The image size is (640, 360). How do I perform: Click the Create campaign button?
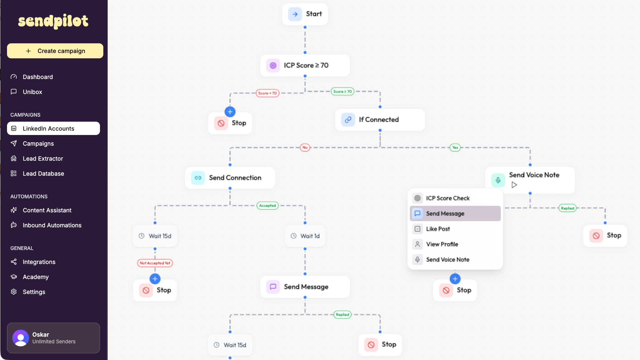(55, 51)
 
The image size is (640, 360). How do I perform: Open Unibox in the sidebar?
(32, 92)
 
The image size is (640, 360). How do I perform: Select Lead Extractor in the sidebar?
(43, 159)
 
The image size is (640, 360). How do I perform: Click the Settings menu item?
(34, 292)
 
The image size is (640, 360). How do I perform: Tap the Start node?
(305, 14)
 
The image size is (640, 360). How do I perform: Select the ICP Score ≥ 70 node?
(305, 65)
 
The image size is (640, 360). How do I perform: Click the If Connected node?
(380, 120)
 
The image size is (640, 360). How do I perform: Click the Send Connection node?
(230, 178)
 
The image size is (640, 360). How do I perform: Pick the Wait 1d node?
(305, 236)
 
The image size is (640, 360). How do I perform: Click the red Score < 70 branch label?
(267, 93)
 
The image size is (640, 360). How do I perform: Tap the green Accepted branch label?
(267, 206)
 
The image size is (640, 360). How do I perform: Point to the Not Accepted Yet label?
(155, 263)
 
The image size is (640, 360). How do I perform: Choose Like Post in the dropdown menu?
(438, 229)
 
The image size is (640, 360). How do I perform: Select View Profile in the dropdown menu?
(442, 244)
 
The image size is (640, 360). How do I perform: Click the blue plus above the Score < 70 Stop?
(230, 112)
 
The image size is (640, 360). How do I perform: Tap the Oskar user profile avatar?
(21, 338)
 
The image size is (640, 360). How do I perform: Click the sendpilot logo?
(53, 21)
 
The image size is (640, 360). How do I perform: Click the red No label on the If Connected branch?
(305, 147)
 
